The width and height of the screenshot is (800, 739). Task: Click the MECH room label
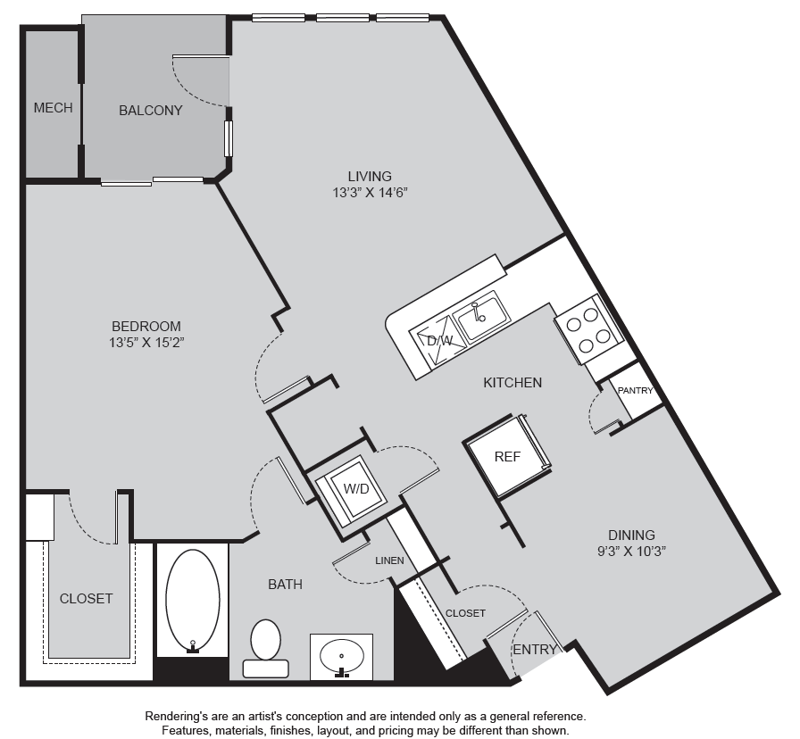(x=53, y=108)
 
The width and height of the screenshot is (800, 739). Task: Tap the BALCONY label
(x=151, y=110)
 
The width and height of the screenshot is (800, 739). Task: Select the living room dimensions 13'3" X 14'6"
(x=370, y=192)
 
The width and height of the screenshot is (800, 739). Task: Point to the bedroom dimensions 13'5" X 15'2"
(x=146, y=342)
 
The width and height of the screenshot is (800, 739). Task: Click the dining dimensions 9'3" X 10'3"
(x=631, y=551)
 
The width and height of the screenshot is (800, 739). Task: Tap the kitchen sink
(x=481, y=316)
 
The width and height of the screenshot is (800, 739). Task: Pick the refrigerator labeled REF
(x=507, y=456)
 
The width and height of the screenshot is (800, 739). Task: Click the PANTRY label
(x=635, y=391)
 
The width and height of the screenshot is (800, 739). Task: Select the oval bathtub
(x=192, y=601)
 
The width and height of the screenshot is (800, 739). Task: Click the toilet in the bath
(x=266, y=648)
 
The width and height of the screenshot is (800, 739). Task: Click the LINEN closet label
(x=390, y=560)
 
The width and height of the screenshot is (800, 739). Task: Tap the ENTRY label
(x=535, y=649)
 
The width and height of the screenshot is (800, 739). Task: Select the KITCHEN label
(x=512, y=383)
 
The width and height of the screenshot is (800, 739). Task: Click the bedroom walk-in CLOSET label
(x=87, y=598)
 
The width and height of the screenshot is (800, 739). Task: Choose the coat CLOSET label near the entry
(x=465, y=613)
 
